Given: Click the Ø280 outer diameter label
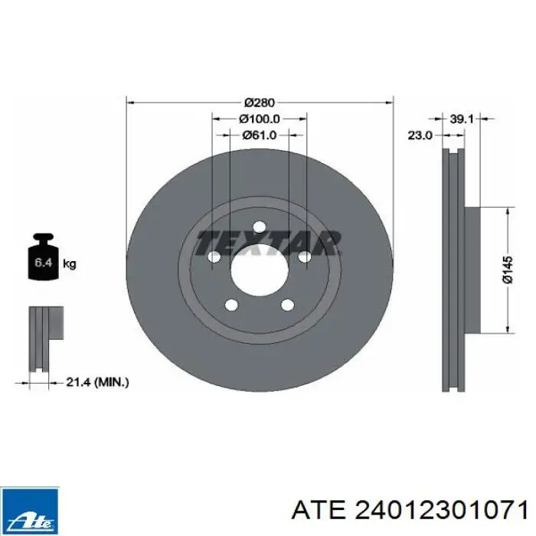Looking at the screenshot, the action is [x=260, y=102].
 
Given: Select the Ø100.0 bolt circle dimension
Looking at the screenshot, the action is [x=260, y=119].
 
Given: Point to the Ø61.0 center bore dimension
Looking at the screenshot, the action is [x=260, y=136].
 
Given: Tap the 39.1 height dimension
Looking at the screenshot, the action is [x=462, y=119].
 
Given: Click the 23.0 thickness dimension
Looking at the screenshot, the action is [x=420, y=136].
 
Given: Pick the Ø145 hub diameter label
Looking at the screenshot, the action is [x=508, y=270].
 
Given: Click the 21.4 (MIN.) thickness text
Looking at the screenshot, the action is [x=97, y=382].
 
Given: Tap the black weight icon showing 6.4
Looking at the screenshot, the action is [x=44, y=257].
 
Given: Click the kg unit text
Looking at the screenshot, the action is [x=70, y=263].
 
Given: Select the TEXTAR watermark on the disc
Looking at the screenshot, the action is [x=268, y=243].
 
